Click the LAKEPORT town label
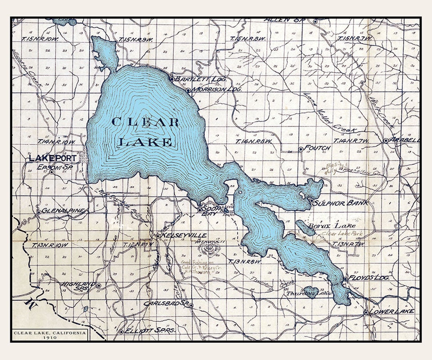[52, 158]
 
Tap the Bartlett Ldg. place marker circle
[172, 79]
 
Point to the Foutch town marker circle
[301, 149]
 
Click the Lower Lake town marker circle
[366, 312]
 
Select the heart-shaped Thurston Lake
[311, 291]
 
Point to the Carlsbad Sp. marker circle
[191, 305]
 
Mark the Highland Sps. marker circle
[99, 286]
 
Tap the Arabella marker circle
[386, 141]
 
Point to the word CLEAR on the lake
[145, 122]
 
